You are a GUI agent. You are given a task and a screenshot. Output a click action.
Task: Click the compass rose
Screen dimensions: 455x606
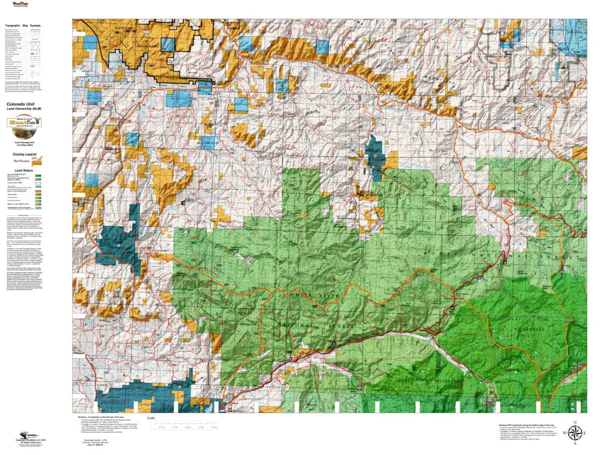575,433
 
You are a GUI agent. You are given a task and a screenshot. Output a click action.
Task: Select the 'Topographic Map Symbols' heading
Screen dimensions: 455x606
23,25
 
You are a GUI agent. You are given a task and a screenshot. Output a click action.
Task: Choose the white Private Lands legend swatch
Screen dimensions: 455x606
36,184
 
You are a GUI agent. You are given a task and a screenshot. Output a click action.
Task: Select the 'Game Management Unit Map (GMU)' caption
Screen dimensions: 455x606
24,145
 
